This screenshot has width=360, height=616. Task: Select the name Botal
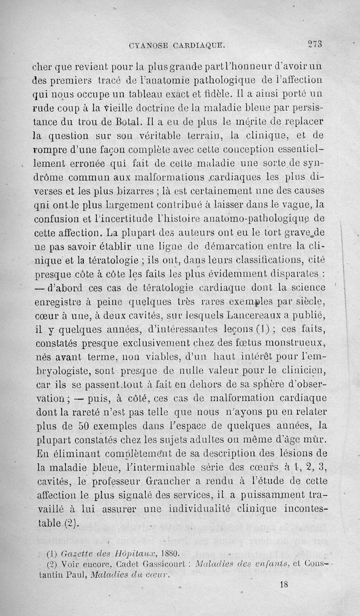(121, 121)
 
